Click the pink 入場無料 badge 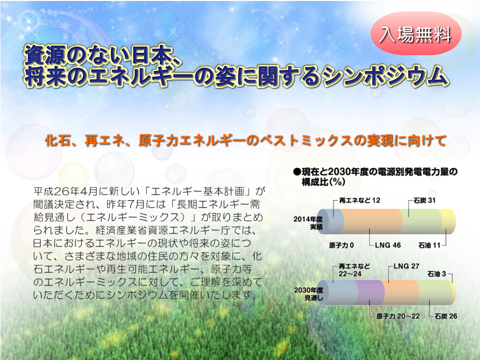(x=416, y=34)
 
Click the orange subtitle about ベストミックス (x=245, y=141)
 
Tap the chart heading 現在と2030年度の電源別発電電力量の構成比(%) (x=375, y=177)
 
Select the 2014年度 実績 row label (x=308, y=223)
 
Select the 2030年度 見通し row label (x=309, y=294)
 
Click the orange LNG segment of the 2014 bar (x=371, y=222)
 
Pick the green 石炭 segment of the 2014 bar (x=422, y=222)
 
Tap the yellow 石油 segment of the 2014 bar (x=447, y=222)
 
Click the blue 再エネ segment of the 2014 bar (x=330, y=222)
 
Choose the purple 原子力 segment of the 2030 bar (x=370, y=293)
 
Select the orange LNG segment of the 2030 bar (x=400, y=293)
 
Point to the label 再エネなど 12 (x=360, y=201)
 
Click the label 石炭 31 (x=424, y=201)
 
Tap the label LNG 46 (x=388, y=245)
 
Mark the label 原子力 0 (x=341, y=245)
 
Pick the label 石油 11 (x=429, y=245)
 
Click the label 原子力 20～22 (x=398, y=316)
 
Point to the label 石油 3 (x=436, y=274)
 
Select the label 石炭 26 (x=446, y=316)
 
